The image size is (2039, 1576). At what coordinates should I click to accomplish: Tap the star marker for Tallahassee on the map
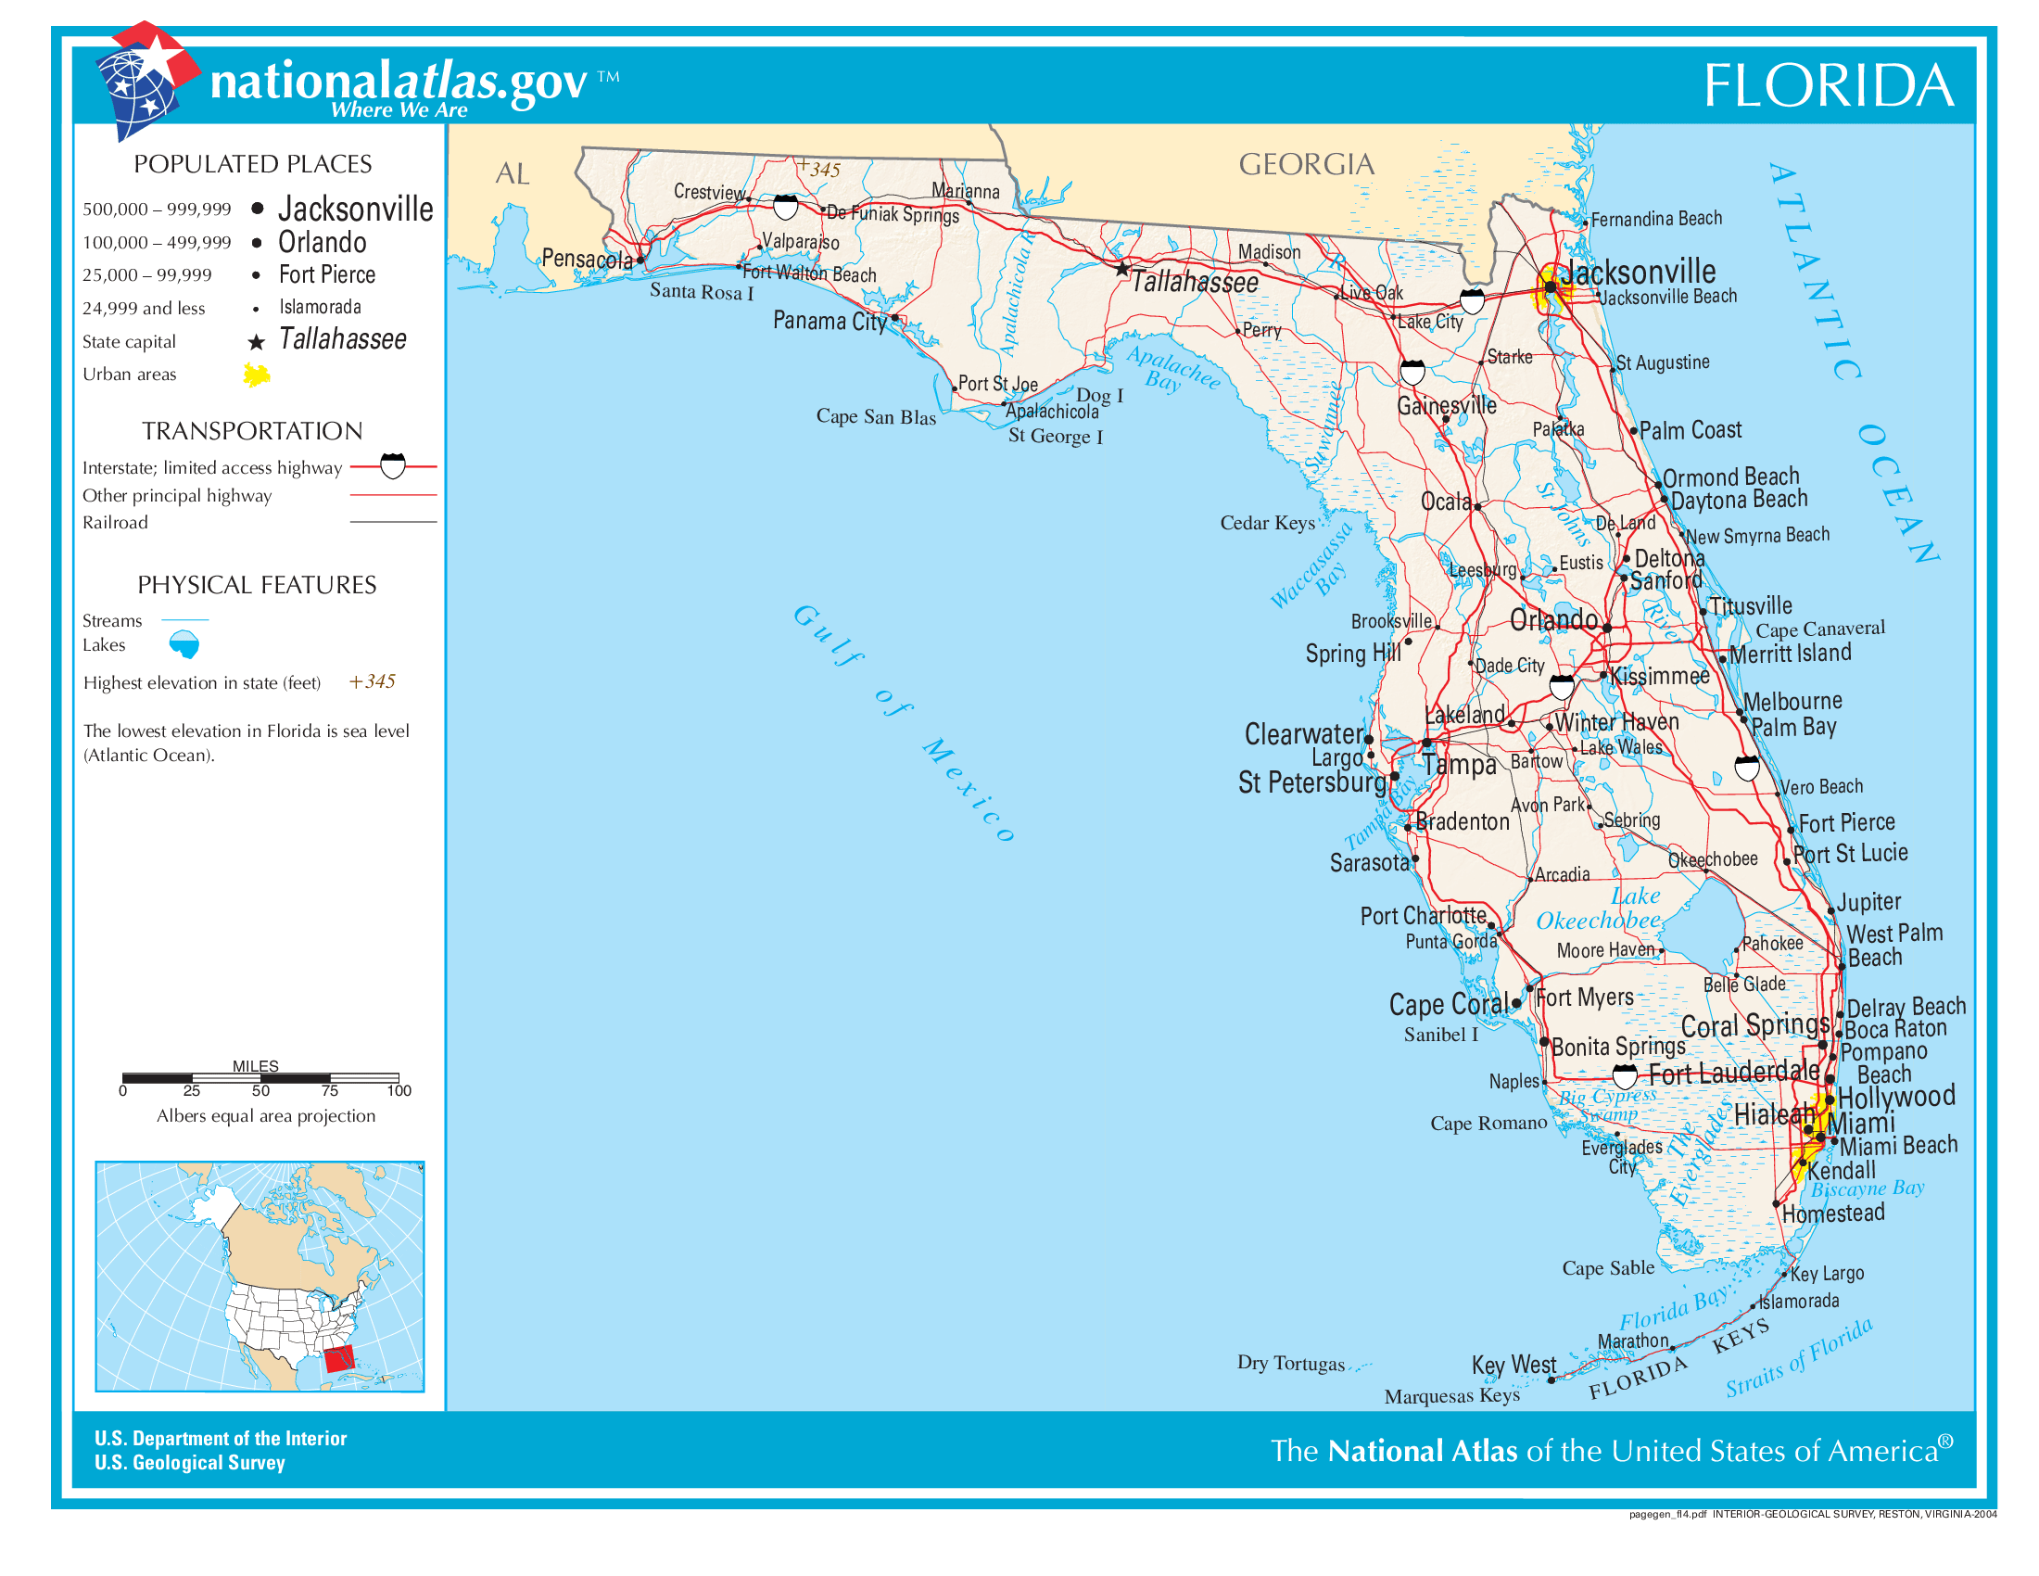point(1122,269)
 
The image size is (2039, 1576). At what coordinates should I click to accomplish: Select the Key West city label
point(1513,1364)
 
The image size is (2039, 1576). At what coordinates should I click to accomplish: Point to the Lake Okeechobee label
point(1599,909)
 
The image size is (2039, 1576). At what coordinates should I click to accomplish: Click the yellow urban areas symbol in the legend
point(257,375)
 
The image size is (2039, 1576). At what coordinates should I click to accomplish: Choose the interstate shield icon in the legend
point(393,465)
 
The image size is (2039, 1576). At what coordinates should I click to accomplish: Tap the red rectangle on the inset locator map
point(339,1358)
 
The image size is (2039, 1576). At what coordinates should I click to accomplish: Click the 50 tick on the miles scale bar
point(260,1089)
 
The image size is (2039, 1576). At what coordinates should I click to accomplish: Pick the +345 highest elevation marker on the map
point(818,168)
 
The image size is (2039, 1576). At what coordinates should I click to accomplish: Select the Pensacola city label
point(587,259)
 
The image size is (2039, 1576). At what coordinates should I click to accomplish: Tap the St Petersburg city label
point(1311,782)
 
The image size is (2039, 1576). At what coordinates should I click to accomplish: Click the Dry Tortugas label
point(1290,1362)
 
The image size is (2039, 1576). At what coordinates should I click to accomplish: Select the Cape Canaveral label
point(1819,629)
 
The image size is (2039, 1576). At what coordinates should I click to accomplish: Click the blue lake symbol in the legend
point(184,643)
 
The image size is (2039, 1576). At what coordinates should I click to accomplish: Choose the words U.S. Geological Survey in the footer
point(189,1462)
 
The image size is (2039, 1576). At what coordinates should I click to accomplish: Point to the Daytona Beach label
point(1739,500)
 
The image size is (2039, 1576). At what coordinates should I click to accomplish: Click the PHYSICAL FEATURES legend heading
point(257,584)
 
